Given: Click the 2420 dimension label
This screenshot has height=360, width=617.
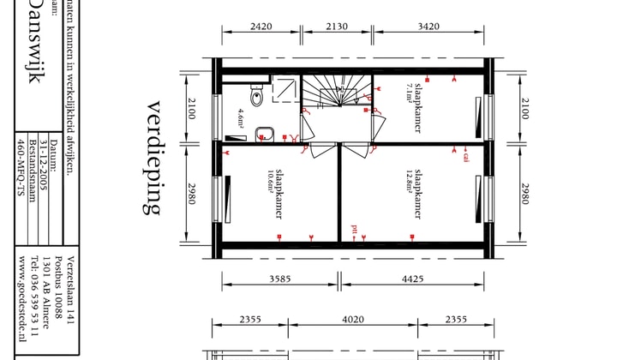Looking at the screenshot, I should tap(261, 27).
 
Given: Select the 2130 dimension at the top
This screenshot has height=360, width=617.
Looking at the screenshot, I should tap(338, 27).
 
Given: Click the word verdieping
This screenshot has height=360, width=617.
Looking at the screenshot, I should tap(155, 158).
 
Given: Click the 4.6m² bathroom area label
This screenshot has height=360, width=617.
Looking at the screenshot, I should tap(241, 117).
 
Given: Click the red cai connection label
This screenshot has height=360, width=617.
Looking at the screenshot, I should tap(466, 157).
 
